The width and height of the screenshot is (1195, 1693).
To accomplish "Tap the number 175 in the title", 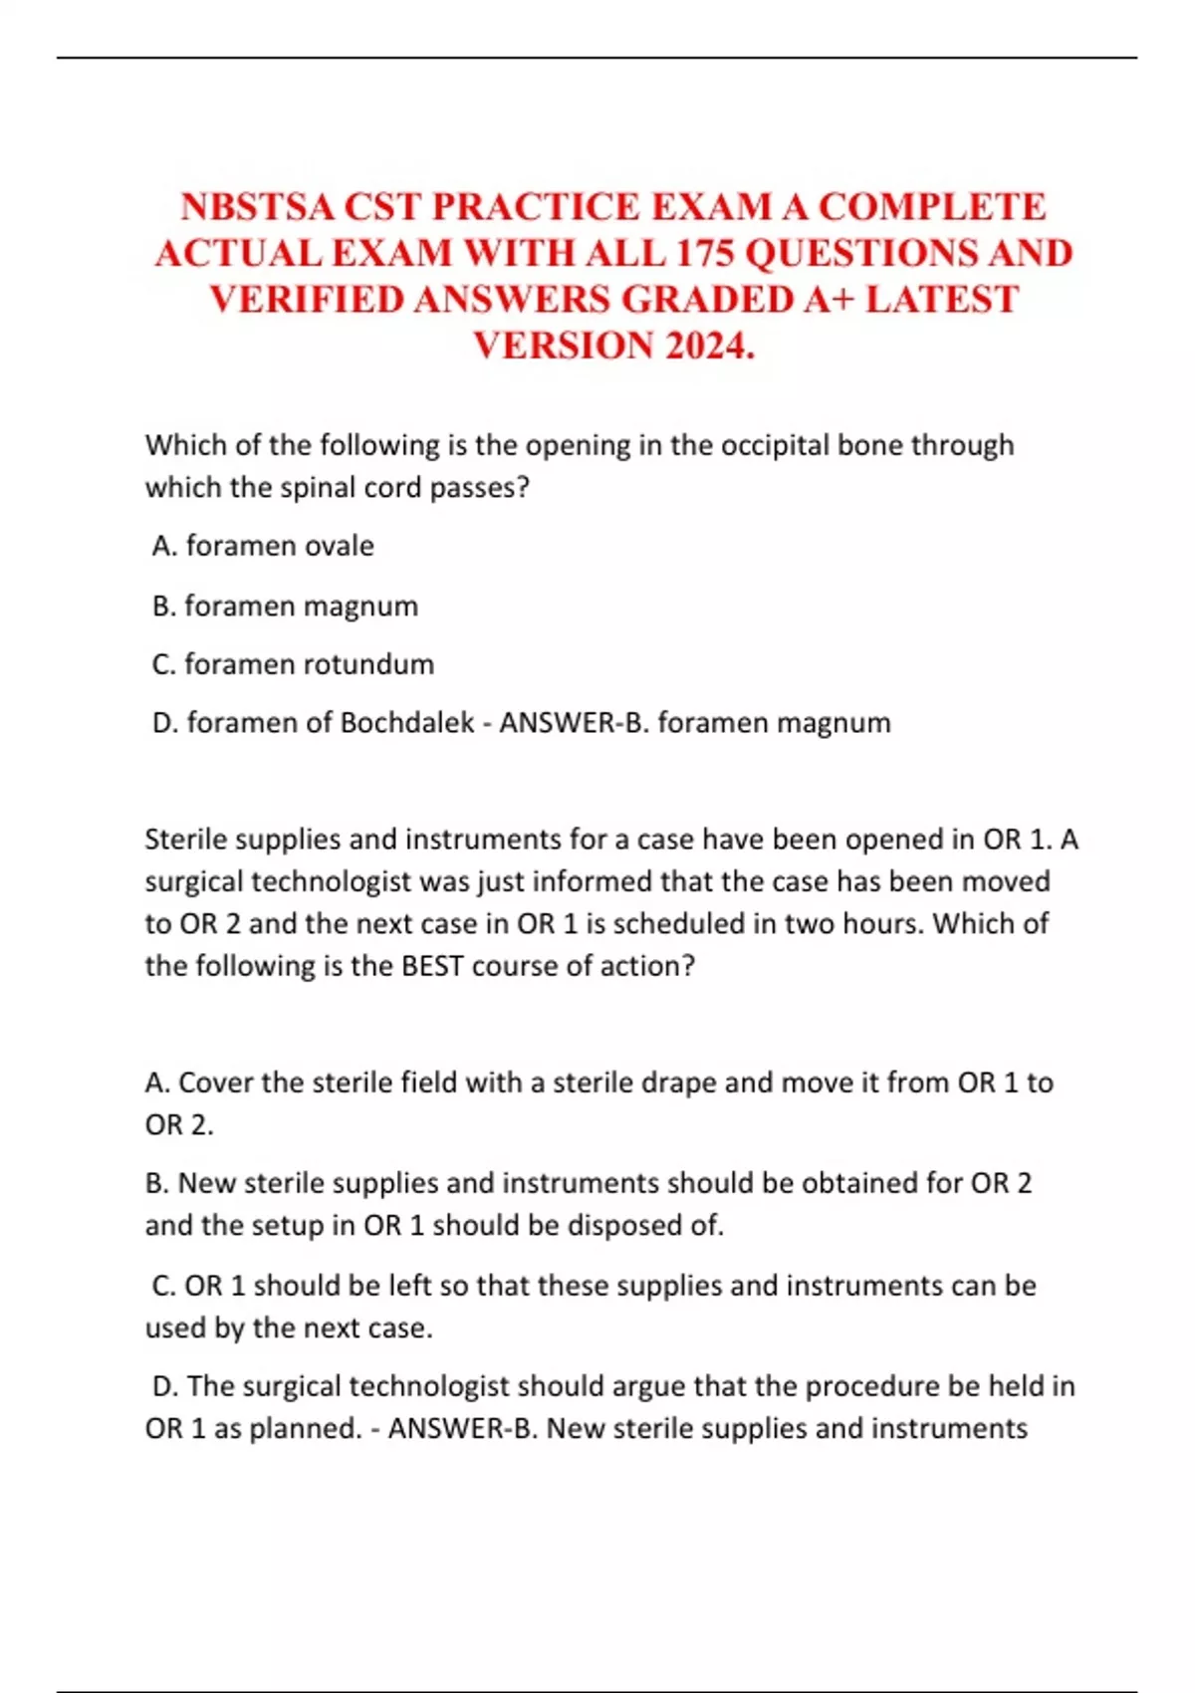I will tap(705, 253).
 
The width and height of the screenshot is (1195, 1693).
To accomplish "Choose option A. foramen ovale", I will tap(264, 546).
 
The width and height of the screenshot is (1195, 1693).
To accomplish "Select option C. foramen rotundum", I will tap(293, 664).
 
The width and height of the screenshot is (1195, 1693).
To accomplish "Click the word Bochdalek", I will tap(406, 723).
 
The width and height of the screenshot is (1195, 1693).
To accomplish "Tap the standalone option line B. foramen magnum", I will tap(285, 605).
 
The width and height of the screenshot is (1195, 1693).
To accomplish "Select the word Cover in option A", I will tap(215, 1083).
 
